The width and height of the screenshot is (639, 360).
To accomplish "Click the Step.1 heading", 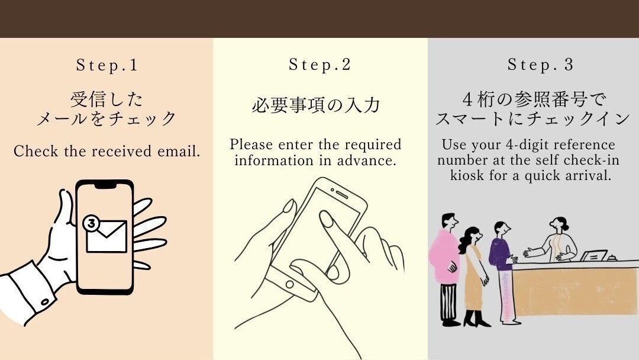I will [x=107, y=66].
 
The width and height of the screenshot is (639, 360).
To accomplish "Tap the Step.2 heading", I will [x=320, y=65].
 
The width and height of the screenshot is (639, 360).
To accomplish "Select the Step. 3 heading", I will [x=541, y=65].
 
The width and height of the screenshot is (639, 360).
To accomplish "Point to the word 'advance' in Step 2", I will [x=370, y=160].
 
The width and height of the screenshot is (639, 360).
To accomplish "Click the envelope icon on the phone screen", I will [x=106, y=236].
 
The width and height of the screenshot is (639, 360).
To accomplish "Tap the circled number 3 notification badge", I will [x=91, y=223].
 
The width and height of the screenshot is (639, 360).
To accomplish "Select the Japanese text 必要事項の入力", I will [x=316, y=106].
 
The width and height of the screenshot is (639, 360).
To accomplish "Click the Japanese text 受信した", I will [x=106, y=98].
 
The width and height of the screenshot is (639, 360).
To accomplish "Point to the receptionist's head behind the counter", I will [x=559, y=226].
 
